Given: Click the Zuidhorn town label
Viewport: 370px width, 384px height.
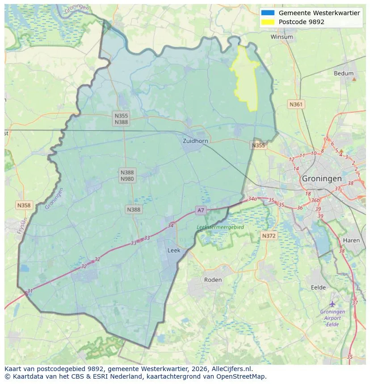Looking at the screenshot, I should coord(195,141).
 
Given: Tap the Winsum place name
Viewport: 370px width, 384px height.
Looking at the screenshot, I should coord(282,37).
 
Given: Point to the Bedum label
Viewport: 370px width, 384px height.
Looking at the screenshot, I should coord(343,74).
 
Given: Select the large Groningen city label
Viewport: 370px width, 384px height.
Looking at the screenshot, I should coord(322,178).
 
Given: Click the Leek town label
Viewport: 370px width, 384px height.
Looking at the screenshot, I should coord(174,251).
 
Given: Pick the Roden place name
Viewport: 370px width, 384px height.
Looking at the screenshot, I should coord(213,280).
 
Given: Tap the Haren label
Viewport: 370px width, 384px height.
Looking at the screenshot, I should coord(351,240).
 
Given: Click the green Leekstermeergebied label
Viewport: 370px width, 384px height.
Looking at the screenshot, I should coord(221,227).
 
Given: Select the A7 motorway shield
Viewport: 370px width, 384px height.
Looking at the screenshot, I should coord(201,210).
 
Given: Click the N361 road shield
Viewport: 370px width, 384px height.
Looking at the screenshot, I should coord(296,104).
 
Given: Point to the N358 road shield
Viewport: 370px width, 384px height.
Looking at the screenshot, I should coord(24,205).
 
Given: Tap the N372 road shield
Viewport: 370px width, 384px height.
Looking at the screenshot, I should coord(269,235).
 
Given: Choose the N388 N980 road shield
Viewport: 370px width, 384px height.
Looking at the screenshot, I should coord(127,175).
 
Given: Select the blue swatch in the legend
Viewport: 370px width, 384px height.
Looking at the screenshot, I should coord(268,13).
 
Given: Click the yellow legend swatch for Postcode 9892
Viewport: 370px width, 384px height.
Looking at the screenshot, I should coord(268,22).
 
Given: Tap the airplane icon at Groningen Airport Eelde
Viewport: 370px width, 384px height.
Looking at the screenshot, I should coord(332,304).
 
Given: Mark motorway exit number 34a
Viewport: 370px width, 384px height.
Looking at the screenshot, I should coord(252,199).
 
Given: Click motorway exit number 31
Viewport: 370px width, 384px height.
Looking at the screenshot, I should coord(30,291).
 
